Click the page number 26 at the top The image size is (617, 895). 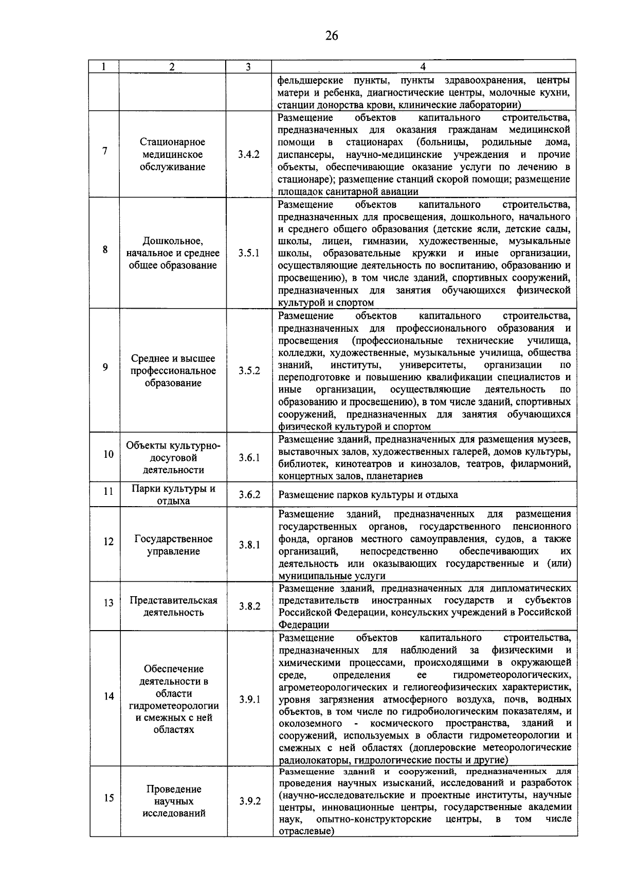[332, 35]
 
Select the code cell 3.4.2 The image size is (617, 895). [249, 155]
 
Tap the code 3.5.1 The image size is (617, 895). [249, 253]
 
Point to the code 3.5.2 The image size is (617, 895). [249, 371]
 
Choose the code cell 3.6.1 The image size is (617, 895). [249, 458]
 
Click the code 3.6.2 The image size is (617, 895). [249, 495]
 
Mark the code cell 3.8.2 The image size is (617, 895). [249, 606]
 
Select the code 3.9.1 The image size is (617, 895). [249, 700]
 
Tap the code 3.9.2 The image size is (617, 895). [249, 801]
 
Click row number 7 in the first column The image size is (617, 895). [105, 151]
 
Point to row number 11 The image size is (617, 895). [108, 491]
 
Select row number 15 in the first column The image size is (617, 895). [108, 798]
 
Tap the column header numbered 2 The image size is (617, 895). [172, 67]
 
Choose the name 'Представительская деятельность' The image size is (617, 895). [173, 606]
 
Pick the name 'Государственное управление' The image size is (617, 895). [173, 545]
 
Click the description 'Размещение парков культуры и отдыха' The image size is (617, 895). [368, 495]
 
